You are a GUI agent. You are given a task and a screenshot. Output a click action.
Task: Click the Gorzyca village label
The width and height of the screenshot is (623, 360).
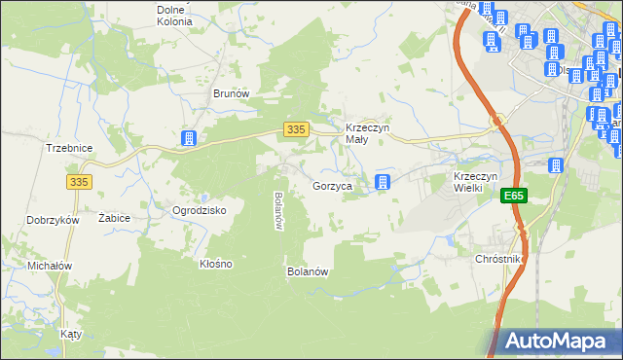click(332, 185)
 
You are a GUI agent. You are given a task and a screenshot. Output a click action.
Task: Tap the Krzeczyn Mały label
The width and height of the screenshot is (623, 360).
click(368, 133)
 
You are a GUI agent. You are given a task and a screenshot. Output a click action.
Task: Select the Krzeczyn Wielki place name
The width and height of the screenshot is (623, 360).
click(476, 182)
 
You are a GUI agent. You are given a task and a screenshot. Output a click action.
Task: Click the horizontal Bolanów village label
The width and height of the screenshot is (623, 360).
click(307, 271)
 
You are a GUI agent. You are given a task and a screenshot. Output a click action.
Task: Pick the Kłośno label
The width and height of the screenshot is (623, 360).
click(215, 264)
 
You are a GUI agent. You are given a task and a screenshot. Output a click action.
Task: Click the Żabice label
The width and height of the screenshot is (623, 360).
click(114, 219)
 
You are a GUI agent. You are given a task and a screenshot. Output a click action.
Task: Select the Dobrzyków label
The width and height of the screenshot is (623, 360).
click(54, 220)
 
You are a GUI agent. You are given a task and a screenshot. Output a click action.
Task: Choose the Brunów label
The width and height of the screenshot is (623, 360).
click(232, 93)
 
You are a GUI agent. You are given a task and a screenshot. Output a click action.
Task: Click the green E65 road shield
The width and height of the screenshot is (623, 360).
click(514, 197)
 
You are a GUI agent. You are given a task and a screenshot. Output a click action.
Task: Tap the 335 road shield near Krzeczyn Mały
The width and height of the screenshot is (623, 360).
click(297, 129)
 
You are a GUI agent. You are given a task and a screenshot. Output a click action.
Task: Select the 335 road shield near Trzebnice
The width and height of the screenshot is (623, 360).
click(80, 181)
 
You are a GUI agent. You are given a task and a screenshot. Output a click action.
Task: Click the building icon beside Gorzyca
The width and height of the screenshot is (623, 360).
click(384, 182)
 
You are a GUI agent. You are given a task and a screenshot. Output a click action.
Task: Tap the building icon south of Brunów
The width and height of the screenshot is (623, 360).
click(189, 139)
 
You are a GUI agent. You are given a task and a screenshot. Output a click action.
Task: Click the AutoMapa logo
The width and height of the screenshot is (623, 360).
click(559, 341)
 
